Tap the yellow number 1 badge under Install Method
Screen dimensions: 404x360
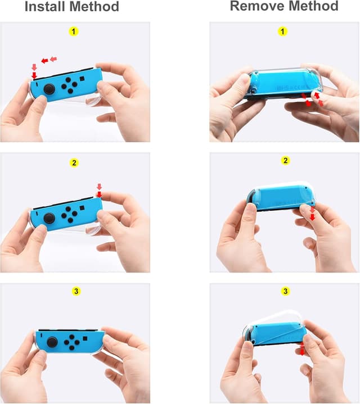[x=74, y=31]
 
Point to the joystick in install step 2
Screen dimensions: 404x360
[x=49, y=217]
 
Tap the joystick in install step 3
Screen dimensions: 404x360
[x=53, y=341]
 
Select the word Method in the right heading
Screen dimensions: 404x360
[x=313, y=6]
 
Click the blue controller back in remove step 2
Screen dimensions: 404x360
[x=278, y=198]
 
